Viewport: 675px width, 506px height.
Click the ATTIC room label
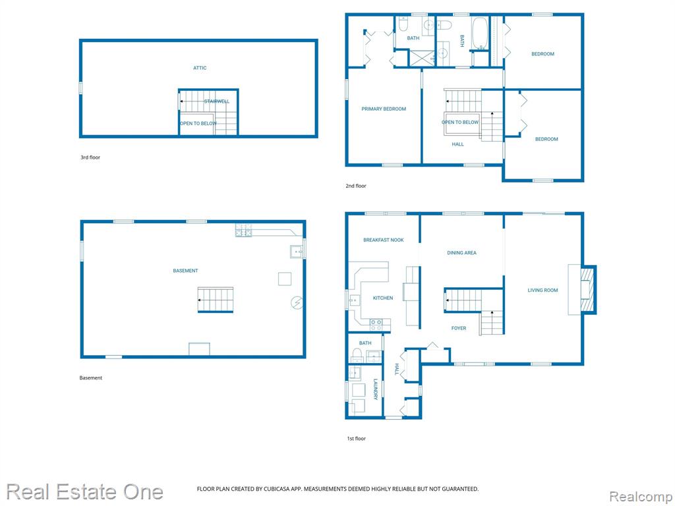click(200, 68)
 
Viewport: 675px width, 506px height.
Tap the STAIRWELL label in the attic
click(216, 101)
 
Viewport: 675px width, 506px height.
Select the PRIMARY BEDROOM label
click(384, 109)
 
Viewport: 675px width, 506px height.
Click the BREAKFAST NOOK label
click(384, 240)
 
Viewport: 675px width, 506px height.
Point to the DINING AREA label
click(461, 253)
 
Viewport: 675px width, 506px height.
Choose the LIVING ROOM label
click(543, 291)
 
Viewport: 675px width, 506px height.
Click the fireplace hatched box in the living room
click(587, 290)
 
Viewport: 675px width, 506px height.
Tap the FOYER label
click(459, 328)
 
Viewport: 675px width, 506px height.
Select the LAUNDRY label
click(375, 389)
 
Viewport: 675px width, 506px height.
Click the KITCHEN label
click(383, 298)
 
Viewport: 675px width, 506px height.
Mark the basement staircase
click(216, 300)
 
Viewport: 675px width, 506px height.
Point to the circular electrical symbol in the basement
click(297, 303)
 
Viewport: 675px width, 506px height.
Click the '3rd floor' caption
click(90, 157)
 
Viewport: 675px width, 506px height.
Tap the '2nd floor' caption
click(356, 186)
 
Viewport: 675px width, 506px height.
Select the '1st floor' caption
click(357, 438)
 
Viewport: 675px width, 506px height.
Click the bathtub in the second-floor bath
click(480, 33)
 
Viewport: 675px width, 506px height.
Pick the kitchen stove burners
click(376, 325)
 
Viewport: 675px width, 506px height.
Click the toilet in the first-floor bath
click(357, 355)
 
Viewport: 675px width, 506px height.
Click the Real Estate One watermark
click(85, 492)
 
